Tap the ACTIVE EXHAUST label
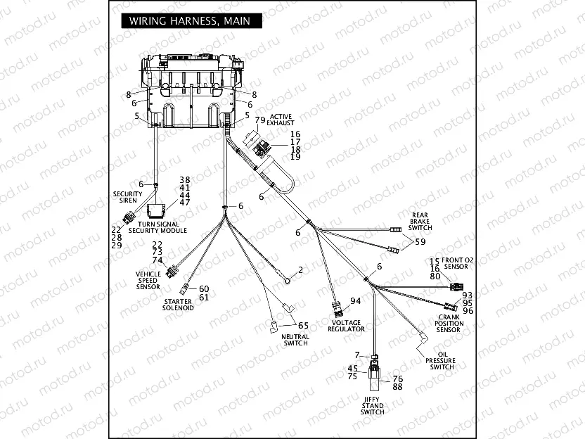(279, 119)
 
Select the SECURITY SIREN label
(127, 196)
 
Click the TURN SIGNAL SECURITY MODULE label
(157, 227)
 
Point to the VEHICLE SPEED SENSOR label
(148, 280)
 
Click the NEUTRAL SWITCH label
(295, 340)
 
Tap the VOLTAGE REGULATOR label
(347, 326)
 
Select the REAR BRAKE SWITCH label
(420, 220)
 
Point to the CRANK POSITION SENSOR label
(449, 324)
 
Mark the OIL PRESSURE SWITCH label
(441, 361)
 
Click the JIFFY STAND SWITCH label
(372, 405)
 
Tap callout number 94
(355, 301)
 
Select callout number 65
(303, 326)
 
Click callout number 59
(420, 242)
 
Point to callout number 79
(259, 120)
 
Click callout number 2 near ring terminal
(300, 269)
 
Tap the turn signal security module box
(157, 209)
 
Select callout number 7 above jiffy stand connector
(357, 355)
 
